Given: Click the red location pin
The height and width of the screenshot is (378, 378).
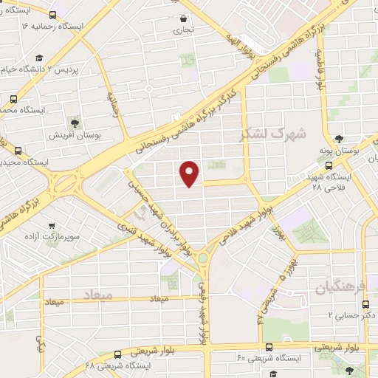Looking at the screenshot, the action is [190, 173].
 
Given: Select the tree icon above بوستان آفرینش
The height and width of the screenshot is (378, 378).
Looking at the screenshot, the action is [74, 123].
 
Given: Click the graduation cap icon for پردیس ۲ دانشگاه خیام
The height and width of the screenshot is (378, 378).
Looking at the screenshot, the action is [39, 58].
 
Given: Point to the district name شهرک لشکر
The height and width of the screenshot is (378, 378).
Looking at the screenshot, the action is [266, 135].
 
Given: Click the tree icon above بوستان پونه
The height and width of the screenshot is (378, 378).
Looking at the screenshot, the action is [339, 138].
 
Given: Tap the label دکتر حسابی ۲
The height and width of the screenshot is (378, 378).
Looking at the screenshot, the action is [351, 315].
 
